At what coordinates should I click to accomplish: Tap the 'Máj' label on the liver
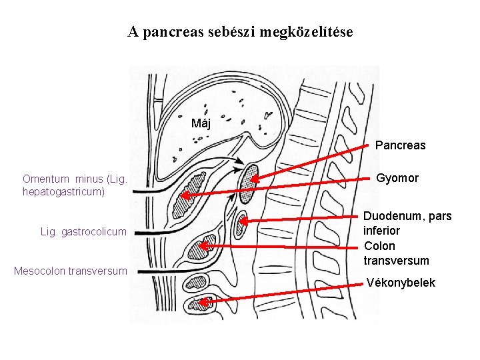(x=201, y=123)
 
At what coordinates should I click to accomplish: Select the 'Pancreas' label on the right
(x=400, y=145)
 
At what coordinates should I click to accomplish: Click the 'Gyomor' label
(x=397, y=178)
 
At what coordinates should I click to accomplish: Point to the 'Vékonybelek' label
(x=401, y=283)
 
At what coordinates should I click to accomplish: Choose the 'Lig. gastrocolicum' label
(x=83, y=231)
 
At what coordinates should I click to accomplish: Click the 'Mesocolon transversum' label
(x=71, y=271)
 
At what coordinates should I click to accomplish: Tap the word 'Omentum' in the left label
(x=45, y=179)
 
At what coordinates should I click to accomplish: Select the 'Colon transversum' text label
(x=396, y=253)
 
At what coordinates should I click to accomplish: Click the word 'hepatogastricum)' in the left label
(x=64, y=191)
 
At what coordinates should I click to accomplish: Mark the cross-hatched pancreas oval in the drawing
(x=249, y=177)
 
